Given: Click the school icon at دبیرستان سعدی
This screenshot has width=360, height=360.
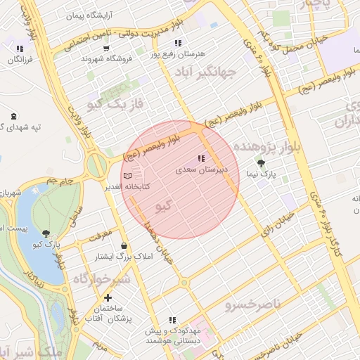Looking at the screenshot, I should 201,159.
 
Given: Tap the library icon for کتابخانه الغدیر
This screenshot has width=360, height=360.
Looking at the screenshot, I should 127,176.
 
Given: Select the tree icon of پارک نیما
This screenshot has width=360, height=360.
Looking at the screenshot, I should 262,162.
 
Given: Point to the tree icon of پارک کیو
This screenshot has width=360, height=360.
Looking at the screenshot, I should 46,233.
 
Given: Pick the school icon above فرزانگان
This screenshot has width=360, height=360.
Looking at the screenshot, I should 20,49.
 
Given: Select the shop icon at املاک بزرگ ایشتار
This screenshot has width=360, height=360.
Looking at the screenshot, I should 124,246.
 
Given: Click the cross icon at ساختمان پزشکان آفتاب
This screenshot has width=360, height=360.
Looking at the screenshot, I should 108,297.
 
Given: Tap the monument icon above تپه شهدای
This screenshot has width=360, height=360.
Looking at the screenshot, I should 14,116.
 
